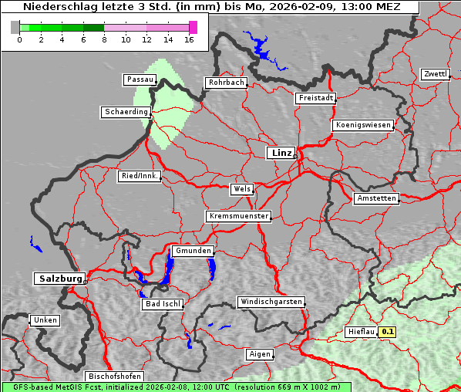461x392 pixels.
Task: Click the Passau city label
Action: [140, 79]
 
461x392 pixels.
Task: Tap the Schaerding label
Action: [126, 112]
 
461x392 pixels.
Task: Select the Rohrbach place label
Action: [225, 83]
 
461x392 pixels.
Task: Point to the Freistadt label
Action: [315, 98]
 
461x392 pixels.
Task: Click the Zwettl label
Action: [435, 74]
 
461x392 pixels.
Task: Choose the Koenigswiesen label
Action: [363, 125]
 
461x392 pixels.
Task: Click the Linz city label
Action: [281, 153]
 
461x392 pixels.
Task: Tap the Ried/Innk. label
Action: [140, 176]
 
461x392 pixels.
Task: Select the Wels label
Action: [241, 189]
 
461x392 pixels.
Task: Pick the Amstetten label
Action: [376, 198]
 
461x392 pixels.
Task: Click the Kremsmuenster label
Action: [238, 216]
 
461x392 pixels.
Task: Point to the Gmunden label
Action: [192, 251]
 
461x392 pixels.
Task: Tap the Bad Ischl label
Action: [162, 304]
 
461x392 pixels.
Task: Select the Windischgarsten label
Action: [270, 302]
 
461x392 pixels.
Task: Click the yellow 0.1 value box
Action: [388, 332]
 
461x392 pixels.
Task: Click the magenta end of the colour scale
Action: [193, 27]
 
